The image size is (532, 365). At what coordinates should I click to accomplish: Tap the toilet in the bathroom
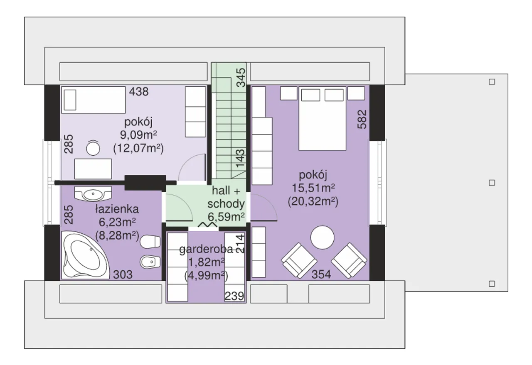pyautogui.click(x=150, y=242)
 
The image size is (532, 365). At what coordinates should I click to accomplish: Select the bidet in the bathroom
pyautogui.click(x=150, y=262)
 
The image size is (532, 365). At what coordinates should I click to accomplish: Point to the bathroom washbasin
pyautogui.click(x=93, y=194)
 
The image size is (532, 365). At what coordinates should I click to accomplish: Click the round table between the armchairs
pyautogui.click(x=322, y=238)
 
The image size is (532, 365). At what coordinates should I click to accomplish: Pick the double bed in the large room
pyautogui.click(x=322, y=118)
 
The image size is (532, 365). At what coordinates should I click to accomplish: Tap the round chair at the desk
pyautogui.click(x=93, y=148)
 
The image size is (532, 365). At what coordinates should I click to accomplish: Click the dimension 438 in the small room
pyautogui.click(x=139, y=92)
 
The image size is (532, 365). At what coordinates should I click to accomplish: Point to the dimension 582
pyautogui.click(x=362, y=119)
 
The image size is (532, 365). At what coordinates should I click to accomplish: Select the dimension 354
pyautogui.click(x=321, y=274)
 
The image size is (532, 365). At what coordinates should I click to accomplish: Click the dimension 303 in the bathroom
pyautogui.click(x=123, y=275)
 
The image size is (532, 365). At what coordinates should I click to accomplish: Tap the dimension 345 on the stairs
pyautogui.click(x=241, y=78)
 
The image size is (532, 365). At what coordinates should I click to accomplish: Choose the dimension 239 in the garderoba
pyautogui.click(x=234, y=296)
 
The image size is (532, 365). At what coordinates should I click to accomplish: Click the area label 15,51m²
pyautogui.click(x=313, y=188)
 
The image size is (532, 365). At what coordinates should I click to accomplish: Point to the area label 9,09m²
pyautogui.click(x=138, y=135)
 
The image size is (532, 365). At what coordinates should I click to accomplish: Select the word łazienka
pyautogui.click(x=117, y=209)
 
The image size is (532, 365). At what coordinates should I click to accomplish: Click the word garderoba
pyautogui.click(x=206, y=250)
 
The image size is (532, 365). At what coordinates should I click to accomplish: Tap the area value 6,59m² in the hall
pyautogui.click(x=226, y=217)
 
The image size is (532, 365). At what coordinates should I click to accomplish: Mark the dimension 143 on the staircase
pyautogui.click(x=240, y=158)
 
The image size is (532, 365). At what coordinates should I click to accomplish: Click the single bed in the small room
pyautogui.click(x=94, y=100)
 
